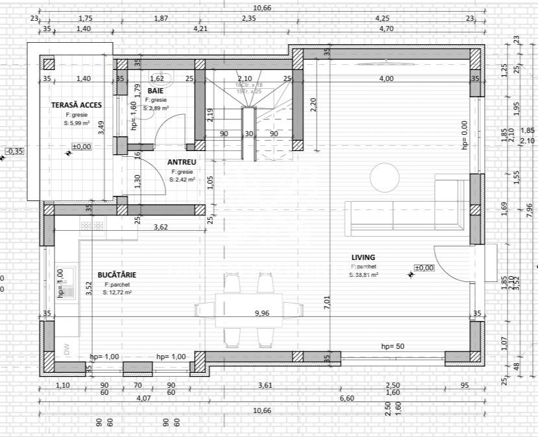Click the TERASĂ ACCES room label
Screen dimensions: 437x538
[x=72, y=104]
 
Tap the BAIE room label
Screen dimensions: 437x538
[x=154, y=91]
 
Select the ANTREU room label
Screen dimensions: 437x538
[x=181, y=162]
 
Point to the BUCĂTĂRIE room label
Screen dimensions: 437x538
[x=117, y=275]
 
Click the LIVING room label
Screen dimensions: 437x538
[x=363, y=257]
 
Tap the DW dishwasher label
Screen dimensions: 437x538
[x=66, y=349]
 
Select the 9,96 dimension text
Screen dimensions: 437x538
[x=262, y=314]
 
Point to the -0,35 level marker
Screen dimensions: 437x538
[x=14, y=151]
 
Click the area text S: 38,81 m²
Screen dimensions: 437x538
[x=363, y=275]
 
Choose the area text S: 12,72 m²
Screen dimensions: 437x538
[x=117, y=292]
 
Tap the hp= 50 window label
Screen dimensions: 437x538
[x=393, y=346]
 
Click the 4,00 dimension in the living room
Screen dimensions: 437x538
[x=386, y=78]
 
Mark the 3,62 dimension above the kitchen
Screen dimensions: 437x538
[x=160, y=228]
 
